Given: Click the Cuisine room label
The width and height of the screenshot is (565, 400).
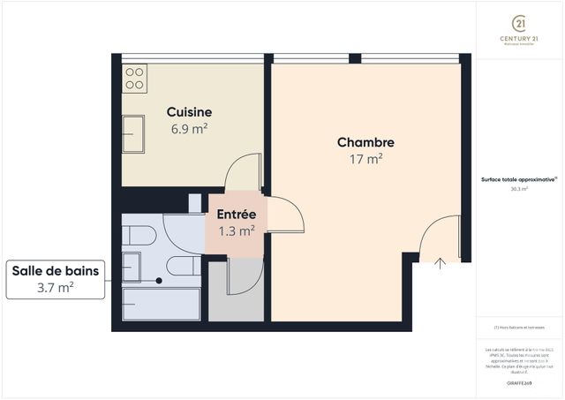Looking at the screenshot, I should [x=189, y=112].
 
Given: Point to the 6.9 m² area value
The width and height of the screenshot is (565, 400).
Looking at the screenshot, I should [x=189, y=128].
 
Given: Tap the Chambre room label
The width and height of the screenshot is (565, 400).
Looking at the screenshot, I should [x=365, y=142].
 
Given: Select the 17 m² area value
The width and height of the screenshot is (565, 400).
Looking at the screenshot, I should [x=365, y=159].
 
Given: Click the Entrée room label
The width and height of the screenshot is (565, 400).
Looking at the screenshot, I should [x=237, y=214].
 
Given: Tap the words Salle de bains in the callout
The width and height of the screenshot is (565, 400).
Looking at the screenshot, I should [x=55, y=271].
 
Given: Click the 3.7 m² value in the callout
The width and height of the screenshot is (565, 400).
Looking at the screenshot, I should [x=55, y=288].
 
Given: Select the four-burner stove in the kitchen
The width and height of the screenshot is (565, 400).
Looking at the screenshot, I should [x=134, y=78].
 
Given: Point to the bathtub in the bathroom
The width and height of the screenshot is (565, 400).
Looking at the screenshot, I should [x=159, y=303].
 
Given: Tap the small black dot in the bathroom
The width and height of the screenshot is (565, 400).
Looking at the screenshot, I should [x=159, y=281].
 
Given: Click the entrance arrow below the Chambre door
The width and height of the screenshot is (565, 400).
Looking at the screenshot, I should [x=441, y=261].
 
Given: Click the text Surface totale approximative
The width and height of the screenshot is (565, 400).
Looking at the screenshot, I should [x=518, y=178].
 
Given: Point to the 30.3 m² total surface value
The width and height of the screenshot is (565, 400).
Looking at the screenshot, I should [x=518, y=188].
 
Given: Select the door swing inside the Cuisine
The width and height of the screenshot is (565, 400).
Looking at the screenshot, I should [x=243, y=171].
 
